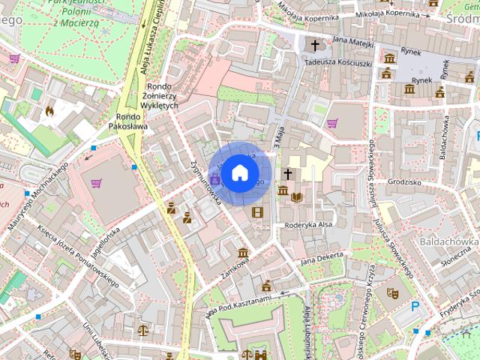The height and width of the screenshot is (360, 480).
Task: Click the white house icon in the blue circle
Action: (x=239, y=172)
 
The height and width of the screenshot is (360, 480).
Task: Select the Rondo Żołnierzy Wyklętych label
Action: (x=163, y=95)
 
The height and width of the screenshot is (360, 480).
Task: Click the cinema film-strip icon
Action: (x=258, y=213)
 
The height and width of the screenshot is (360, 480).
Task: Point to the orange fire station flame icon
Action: (x=50, y=111)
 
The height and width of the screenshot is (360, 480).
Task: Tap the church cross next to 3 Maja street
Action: (x=287, y=174)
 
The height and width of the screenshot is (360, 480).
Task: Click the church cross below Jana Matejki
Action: (x=315, y=46)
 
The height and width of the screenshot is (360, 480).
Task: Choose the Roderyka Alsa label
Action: (x=308, y=225)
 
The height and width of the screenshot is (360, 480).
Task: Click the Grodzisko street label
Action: (x=409, y=181)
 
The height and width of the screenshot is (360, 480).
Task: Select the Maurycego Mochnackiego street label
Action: (x=34, y=205)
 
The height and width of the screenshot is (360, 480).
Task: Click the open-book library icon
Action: (x=298, y=196)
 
